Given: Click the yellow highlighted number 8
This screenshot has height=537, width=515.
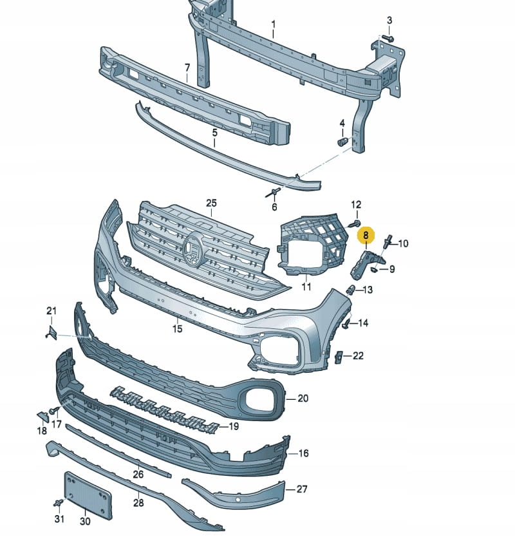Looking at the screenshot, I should pyautogui.click(x=366, y=235).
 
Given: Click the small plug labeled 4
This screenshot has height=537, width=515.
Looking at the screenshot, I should pyautogui.click(x=342, y=140).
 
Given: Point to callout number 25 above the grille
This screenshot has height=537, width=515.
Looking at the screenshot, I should pyautogui.click(x=212, y=203).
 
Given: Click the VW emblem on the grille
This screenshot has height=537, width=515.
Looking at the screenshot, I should pyautogui.click(x=193, y=247).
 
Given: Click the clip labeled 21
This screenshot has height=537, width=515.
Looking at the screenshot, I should pyautogui.click(x=52, y=332).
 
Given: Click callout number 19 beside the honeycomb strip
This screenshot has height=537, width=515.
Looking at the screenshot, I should pyautogui.click(x=232, y=426).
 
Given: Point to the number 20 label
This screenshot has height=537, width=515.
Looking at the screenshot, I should pyautogui.click(x=303, y=399).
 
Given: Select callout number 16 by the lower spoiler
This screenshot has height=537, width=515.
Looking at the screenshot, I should pyautogui.click(x=303, y=453).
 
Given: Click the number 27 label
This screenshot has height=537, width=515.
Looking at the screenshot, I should pyautogui.click(x=302, y=489).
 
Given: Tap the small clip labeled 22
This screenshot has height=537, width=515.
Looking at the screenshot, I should pyautogui.click(x=339, y=356).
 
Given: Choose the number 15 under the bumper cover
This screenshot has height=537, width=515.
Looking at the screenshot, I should pyautogui.click(x=177, y=328).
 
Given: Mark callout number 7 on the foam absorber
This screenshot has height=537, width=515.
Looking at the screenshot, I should pyautogui.click(x=187, y=68).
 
